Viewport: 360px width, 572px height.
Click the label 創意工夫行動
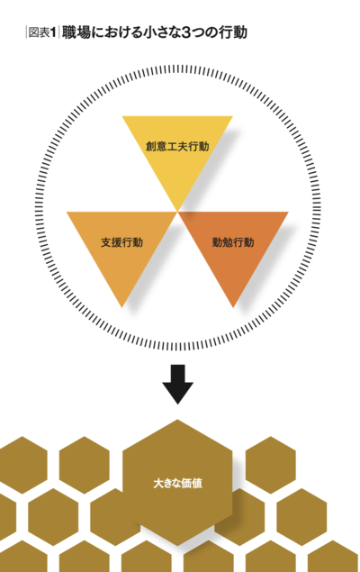point(177,146)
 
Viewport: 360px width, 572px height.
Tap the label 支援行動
point(121,242)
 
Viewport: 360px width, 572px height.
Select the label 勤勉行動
point(233,242)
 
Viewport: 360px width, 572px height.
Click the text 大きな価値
point(177,484)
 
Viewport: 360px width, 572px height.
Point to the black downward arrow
point(178,384)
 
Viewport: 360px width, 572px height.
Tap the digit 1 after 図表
point(53,32)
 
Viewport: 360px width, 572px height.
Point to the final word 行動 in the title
point(233,32)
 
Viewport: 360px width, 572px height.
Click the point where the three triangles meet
point(177,212)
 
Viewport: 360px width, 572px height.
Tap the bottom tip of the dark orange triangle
point(233,307)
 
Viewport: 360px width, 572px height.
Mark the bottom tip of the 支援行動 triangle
point(121,307)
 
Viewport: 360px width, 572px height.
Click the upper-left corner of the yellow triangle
point(122,117)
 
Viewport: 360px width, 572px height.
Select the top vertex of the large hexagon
point(177,420)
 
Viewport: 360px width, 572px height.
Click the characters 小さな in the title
point(160,32)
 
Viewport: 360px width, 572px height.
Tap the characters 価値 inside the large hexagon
point(192,484)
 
